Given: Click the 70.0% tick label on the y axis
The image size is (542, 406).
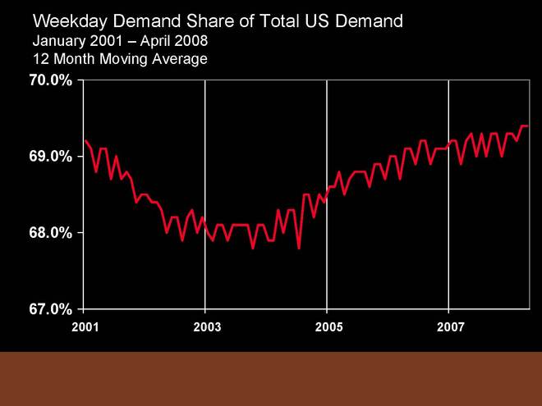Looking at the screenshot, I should point(51,80).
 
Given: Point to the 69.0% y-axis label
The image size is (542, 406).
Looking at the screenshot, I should point(51,157).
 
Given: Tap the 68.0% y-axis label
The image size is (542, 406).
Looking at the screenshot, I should point(51,233).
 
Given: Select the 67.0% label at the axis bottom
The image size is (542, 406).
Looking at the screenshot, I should point(51,309).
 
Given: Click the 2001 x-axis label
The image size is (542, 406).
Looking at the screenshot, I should point(85,326).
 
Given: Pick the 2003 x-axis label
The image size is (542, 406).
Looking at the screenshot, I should point(206,326).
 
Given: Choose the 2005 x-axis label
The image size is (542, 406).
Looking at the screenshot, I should point(328,326).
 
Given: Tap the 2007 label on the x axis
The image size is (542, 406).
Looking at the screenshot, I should point(449,326).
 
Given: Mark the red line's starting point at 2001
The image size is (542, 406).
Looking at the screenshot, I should point(85,139).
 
